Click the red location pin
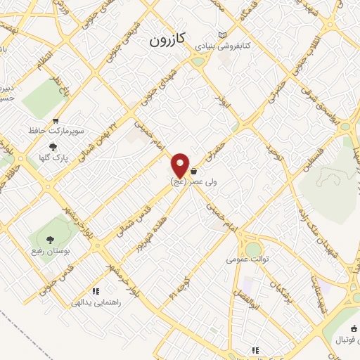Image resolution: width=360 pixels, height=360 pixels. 181,165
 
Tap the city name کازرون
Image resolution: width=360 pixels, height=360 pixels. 167,41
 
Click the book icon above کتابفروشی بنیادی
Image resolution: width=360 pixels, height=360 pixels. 224,35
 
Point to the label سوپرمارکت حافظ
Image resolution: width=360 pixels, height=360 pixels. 56,131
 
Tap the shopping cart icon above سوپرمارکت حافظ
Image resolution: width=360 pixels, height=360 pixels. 56,121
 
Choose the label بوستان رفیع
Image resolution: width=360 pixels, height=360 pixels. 49,252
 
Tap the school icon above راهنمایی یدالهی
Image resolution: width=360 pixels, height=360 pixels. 96,291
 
